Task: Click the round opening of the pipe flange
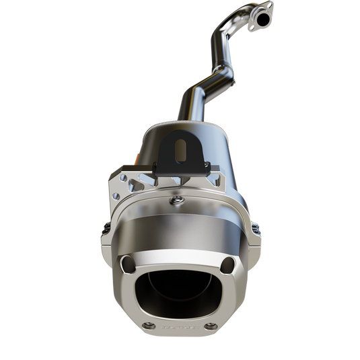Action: [261, 16]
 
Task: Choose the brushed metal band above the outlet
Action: [179, 231]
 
